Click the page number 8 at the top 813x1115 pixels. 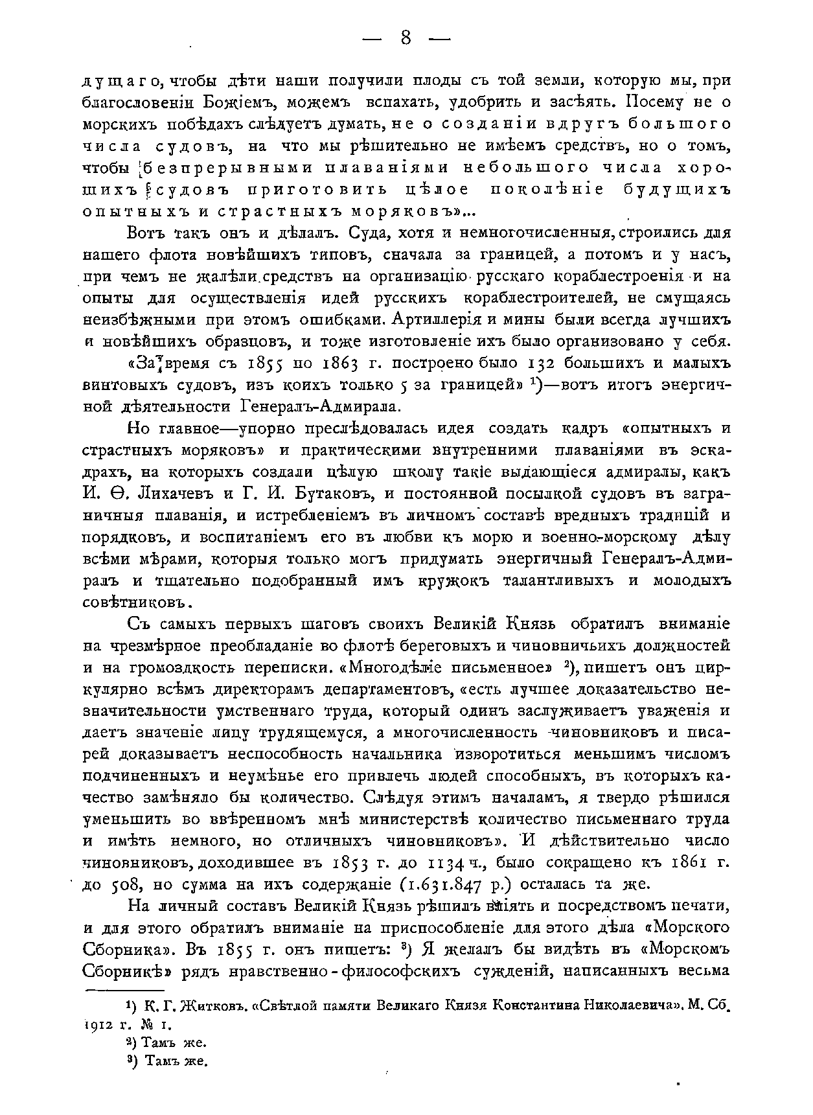click(406, 38)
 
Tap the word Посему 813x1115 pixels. click(650, 103)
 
